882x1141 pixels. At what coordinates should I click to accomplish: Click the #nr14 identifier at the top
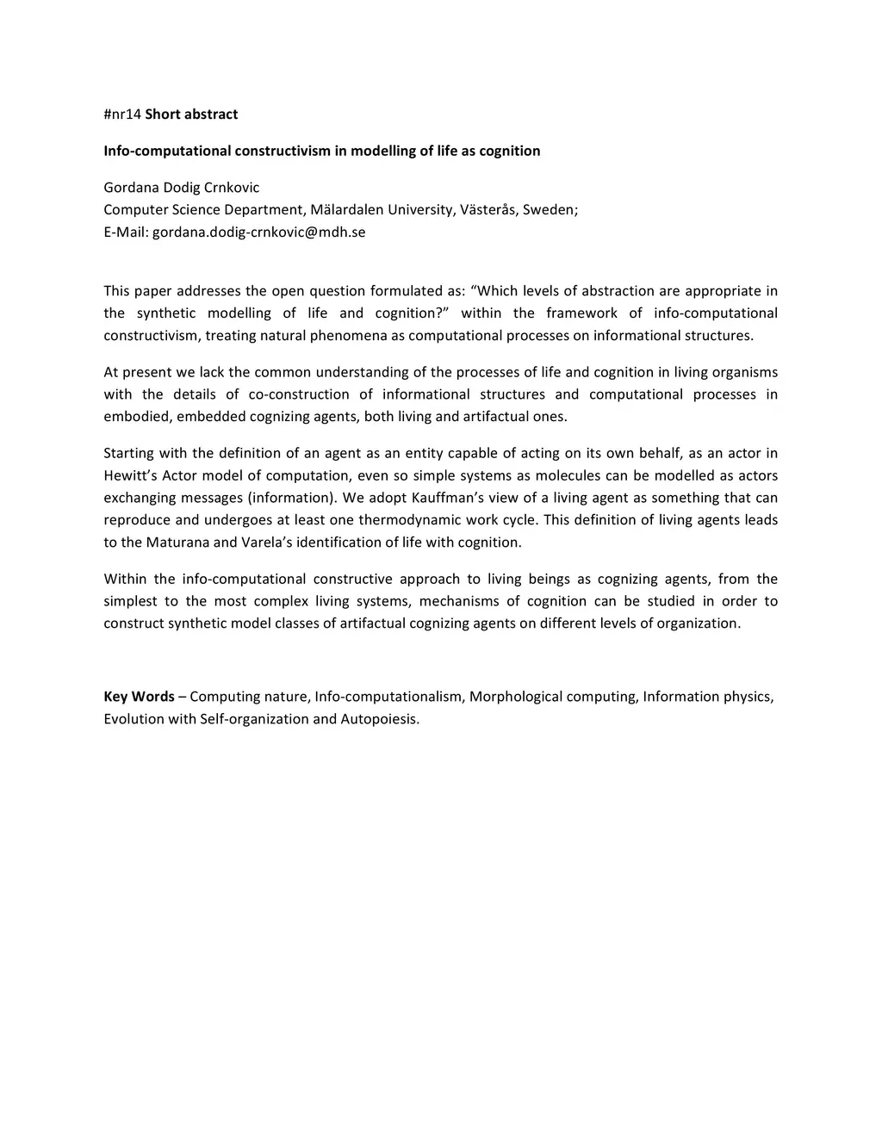point(121,115)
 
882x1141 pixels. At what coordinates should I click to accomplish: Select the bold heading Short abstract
point(191,115)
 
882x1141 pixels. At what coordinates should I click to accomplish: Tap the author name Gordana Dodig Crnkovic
point(181,188)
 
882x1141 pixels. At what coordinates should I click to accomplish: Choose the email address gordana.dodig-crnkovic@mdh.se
point(258,233)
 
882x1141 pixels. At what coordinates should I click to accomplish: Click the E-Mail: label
point(126,233)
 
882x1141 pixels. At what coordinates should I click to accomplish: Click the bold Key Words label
point(139,697)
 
